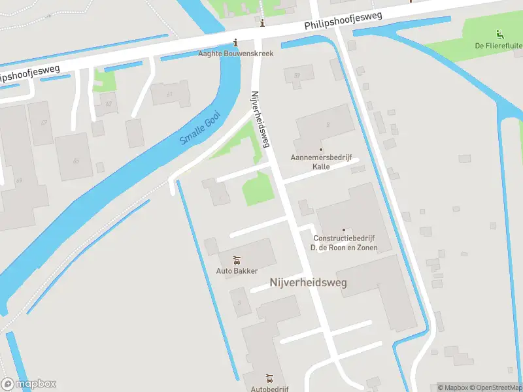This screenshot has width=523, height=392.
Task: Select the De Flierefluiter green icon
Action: coord(500,34)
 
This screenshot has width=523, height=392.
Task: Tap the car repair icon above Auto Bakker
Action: coord(237,260)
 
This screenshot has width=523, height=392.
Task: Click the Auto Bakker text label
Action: coord(237,270)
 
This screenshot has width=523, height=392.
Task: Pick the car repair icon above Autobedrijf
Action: coord(269,378)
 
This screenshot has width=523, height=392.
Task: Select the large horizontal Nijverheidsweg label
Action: coord(308,282)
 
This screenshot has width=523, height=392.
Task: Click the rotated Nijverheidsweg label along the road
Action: coord(260,119)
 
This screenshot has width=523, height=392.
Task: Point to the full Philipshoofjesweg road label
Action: coord(342,21)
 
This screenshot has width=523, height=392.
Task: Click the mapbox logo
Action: coord(28,384)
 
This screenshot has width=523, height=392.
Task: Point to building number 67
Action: coord(44,123)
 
